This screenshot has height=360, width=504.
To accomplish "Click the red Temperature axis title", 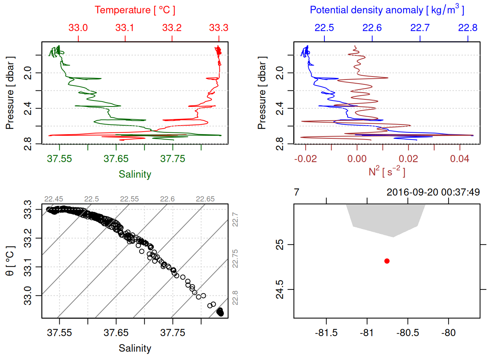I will (135, 10).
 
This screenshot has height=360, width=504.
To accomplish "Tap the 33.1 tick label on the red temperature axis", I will (125, 28).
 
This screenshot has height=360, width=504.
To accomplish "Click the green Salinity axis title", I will (135, 174).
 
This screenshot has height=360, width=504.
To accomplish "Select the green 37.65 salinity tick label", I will (116, 159).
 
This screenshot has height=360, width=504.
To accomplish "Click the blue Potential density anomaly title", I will (387, 10).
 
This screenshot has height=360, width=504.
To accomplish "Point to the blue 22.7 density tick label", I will (420, 28).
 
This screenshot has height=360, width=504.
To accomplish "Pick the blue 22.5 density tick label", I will (324, 28).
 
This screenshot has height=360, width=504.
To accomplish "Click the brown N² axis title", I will (387, 171).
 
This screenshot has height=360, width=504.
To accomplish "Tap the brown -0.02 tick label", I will (305, 159).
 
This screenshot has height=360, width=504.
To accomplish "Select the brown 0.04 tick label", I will (459, 159).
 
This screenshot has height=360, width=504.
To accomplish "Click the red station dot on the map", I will (387, 261).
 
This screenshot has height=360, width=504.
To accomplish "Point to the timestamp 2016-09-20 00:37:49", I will (433, 192).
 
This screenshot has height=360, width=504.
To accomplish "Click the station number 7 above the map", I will (297, 192).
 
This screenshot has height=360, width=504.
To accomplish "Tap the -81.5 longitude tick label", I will (326, 333).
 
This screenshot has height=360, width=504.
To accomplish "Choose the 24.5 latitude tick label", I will (280, 289).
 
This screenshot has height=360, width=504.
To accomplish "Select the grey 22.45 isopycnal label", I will (54, 199).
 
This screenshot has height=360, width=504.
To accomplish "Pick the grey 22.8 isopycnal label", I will (235, 298).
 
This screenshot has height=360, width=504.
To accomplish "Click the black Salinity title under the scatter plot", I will (135, 348).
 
